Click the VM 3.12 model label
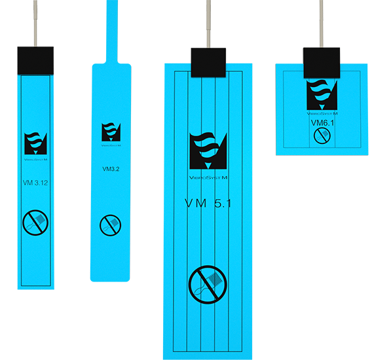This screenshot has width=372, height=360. click(x=35, y=183)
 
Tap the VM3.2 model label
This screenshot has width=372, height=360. click(x=111, y=169)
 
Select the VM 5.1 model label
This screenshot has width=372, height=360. click(x=208, y=204)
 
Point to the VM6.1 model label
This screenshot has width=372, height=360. click(x=322, y=123)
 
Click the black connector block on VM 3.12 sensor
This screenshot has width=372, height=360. click(x=35, y=61)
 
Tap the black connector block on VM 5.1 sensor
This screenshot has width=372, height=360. click(x=208, y=63)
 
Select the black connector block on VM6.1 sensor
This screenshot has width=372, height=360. click(x=322, y=63)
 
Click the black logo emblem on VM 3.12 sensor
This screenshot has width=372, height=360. click(x=35, y=144)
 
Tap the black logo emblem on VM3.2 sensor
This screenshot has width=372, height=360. click(x=111, y=132)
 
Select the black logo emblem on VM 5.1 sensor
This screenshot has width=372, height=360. click(x=208, y=151)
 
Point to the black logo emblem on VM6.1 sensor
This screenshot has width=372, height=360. click(x=322, y=95)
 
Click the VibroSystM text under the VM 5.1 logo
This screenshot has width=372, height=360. click(x=208, y=177)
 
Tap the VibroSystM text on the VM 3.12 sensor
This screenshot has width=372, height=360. click(x=35, y=160)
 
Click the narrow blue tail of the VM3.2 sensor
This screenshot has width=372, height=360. click(x=112, y=31)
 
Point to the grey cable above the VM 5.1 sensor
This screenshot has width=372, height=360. click(x=208, y=24)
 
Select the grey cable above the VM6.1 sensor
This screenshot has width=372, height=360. click(x=322, y=24)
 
